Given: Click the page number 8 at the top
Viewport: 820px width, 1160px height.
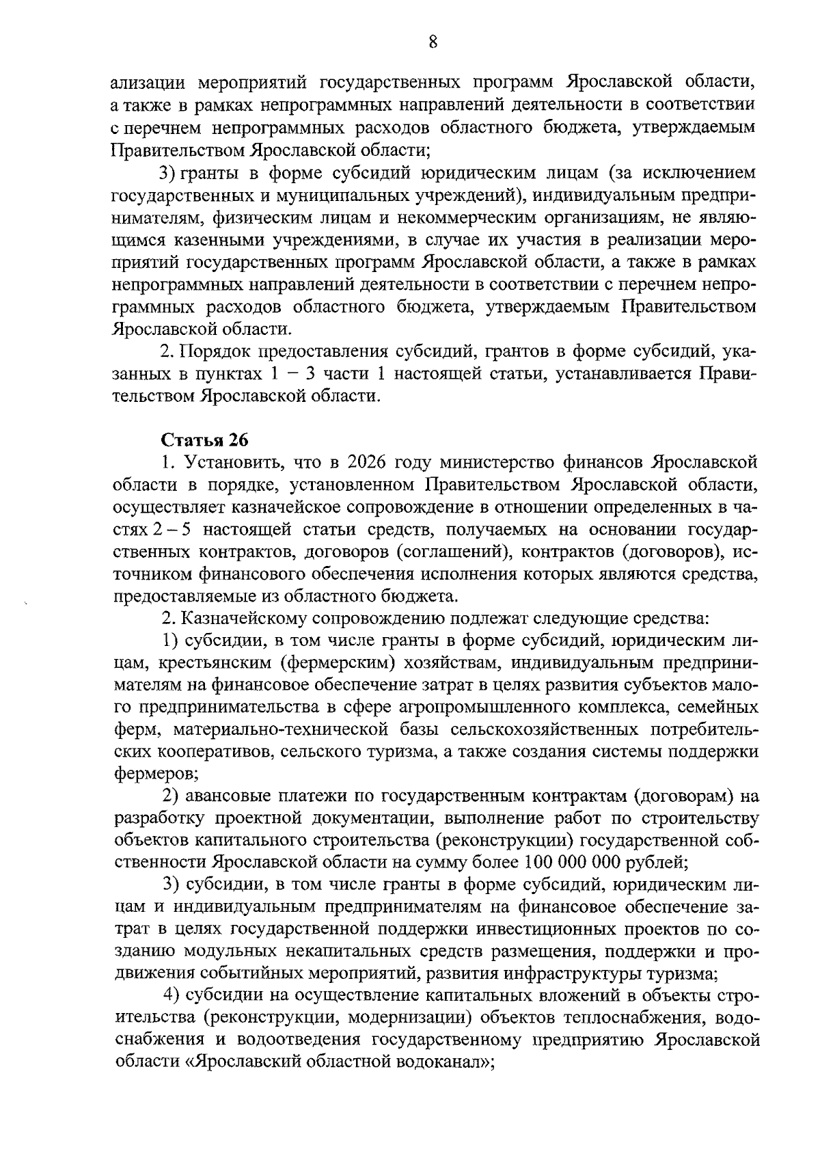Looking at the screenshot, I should point(432,42).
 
